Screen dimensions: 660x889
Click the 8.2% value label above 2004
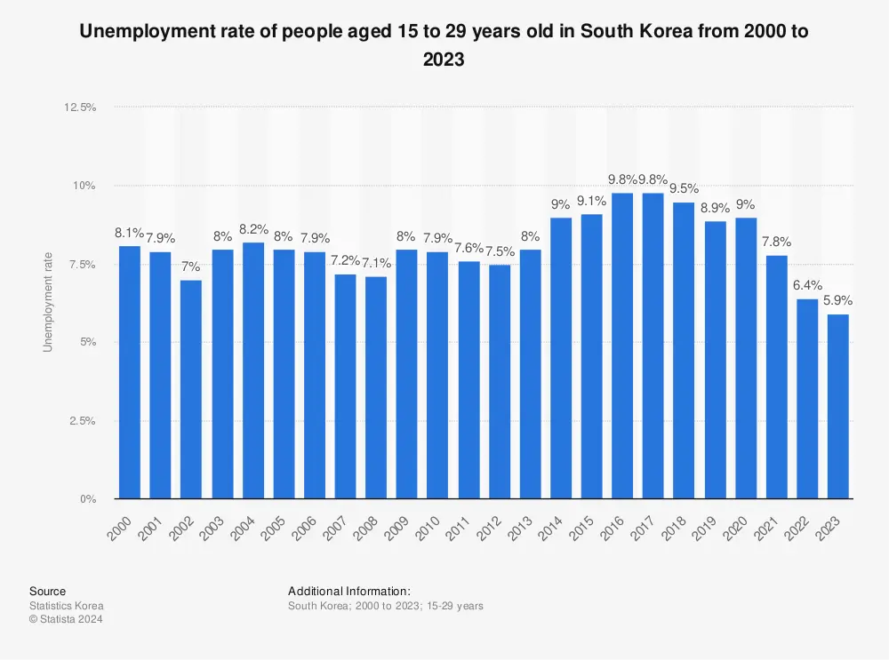tap(252, 228)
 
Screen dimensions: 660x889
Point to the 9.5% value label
tap(684, 188)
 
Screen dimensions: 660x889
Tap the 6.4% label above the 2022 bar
tap(807, 285)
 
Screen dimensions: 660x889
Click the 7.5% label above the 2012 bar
tap(499, 250)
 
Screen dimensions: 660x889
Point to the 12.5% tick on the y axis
tap(80, 107)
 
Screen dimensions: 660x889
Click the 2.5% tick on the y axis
tap(83, 421)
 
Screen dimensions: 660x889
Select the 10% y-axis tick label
tap(85, 186)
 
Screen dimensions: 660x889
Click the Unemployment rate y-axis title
tap(48, 302)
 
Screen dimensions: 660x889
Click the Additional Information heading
tap(348, 591)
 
